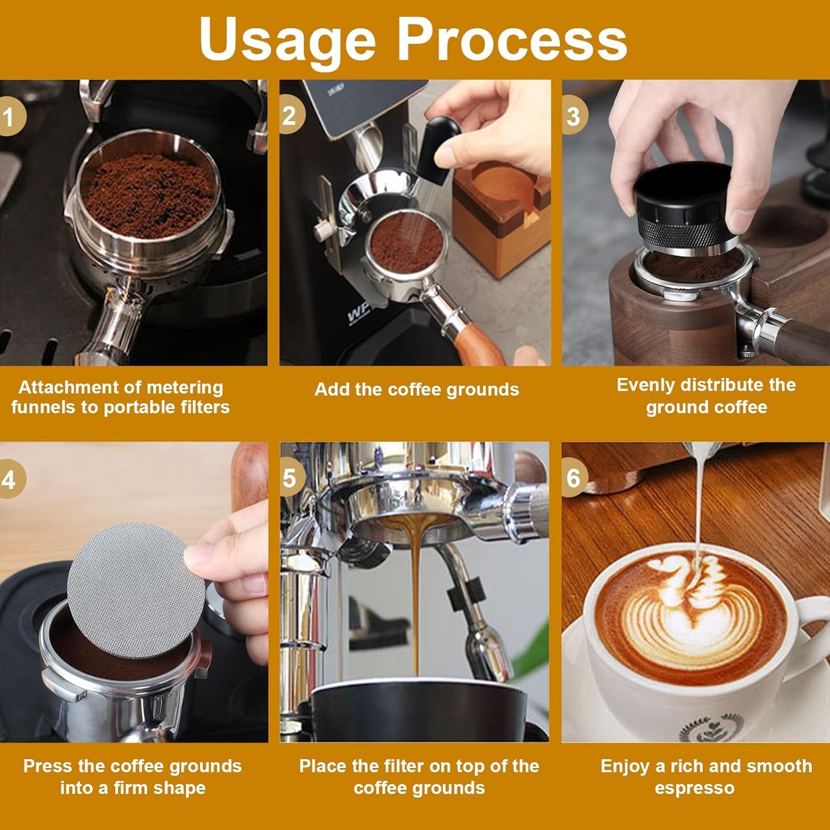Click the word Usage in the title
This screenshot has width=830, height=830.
(287, 39)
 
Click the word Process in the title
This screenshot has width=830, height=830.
(512, 39)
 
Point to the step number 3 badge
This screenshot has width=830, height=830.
(574, 116)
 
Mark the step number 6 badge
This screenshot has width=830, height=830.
(574, 478)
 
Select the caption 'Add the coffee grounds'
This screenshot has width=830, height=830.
(416, 389)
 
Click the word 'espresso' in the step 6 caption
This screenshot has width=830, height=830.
(694, 787)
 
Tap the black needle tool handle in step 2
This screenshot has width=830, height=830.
(438, 146)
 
